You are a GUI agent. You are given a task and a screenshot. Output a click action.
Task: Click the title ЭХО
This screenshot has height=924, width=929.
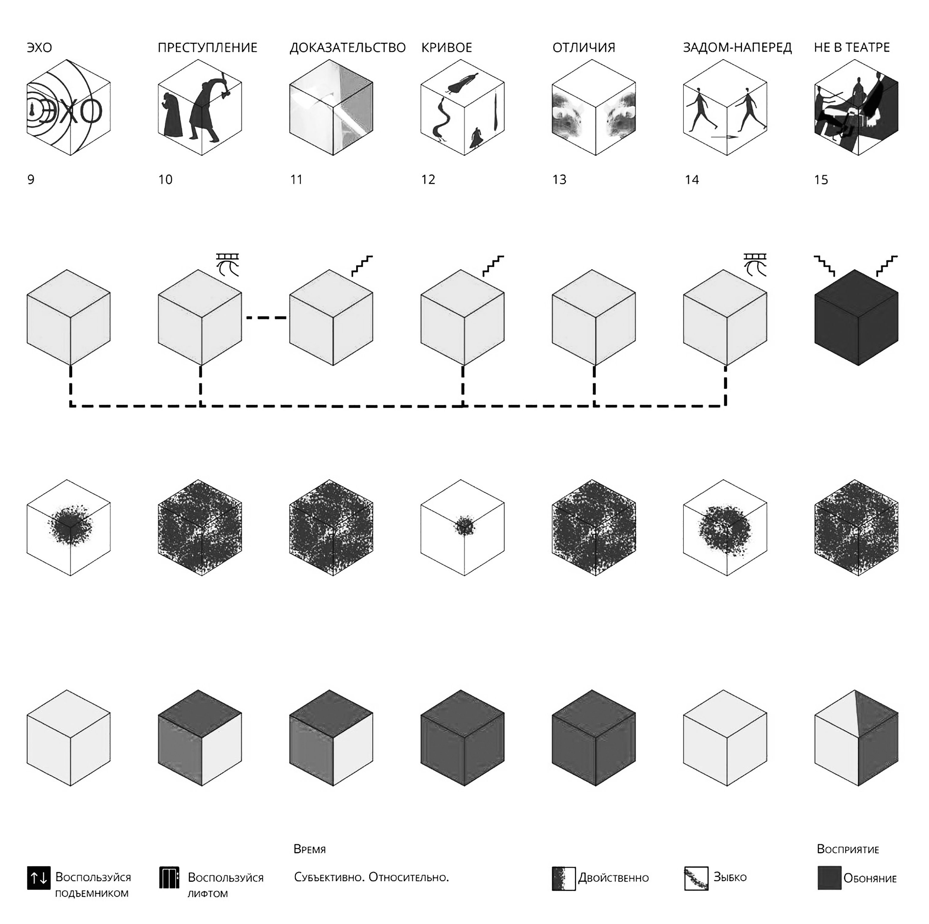click(40, 48)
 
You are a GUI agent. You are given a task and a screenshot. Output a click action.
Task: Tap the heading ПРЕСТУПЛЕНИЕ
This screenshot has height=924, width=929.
click(208, 48)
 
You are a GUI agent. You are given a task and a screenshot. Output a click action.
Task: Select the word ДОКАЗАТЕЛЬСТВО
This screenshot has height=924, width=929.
click(348, 48)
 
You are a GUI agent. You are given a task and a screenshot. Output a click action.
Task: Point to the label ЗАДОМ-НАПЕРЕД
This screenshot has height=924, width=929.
click(738, 48)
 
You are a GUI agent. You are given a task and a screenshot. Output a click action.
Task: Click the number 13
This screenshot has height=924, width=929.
click(559, 180)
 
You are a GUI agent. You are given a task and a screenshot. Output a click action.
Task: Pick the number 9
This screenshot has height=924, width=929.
click(31, 180)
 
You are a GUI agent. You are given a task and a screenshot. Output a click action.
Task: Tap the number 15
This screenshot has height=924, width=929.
click(821, 180)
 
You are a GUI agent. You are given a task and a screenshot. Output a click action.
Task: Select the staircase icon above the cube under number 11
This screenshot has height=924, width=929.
click(362, 266)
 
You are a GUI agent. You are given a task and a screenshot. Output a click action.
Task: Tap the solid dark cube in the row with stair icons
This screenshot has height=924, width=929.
click(856, 318)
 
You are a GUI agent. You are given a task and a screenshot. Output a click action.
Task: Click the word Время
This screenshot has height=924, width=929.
click(310, 849)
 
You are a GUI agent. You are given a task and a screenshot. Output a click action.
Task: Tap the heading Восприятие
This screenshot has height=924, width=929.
click(848, 849)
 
